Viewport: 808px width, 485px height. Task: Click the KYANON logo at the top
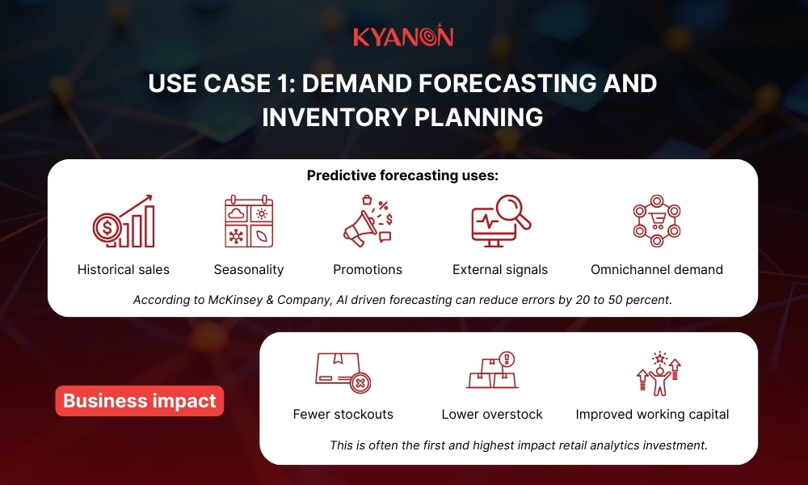click(403, 37)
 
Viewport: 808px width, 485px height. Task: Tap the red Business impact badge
click(139, 401)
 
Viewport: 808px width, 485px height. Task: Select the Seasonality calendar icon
click(249, 221)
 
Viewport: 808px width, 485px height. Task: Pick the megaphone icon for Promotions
click(367, 221)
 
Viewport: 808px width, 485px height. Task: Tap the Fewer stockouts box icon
click(343, 372)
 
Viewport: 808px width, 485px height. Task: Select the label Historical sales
click(124, 270)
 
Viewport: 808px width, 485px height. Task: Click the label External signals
click(500, 270)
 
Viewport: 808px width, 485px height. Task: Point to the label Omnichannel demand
click(657, 270)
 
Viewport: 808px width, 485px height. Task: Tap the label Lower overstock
click(492, 415)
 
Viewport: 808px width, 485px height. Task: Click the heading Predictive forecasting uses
click(402, 175)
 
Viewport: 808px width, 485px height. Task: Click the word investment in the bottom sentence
click(677, 445)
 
